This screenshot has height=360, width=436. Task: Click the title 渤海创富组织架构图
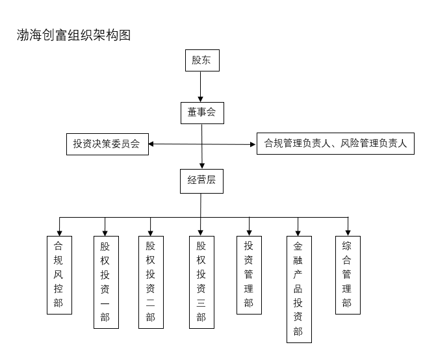point(73,35)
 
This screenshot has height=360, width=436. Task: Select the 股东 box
point(201,60)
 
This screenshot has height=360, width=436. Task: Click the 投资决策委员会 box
point(107,144)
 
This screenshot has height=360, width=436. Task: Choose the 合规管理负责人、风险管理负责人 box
point(335,144)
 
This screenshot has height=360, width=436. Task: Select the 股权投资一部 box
point(105,282)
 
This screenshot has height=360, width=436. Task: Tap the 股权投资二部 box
point(151,282)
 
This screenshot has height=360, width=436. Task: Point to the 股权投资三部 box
point(201,282)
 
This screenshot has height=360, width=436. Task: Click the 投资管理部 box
point(249,275)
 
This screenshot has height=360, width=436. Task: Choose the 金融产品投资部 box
point(298,289)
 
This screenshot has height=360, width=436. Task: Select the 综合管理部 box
point(347,275)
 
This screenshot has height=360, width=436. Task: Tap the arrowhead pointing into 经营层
point(203,165)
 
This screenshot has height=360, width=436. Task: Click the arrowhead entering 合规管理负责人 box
point(253,144)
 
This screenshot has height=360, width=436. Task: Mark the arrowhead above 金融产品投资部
point(298,231)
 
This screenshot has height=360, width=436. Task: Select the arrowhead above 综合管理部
point(348,231)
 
